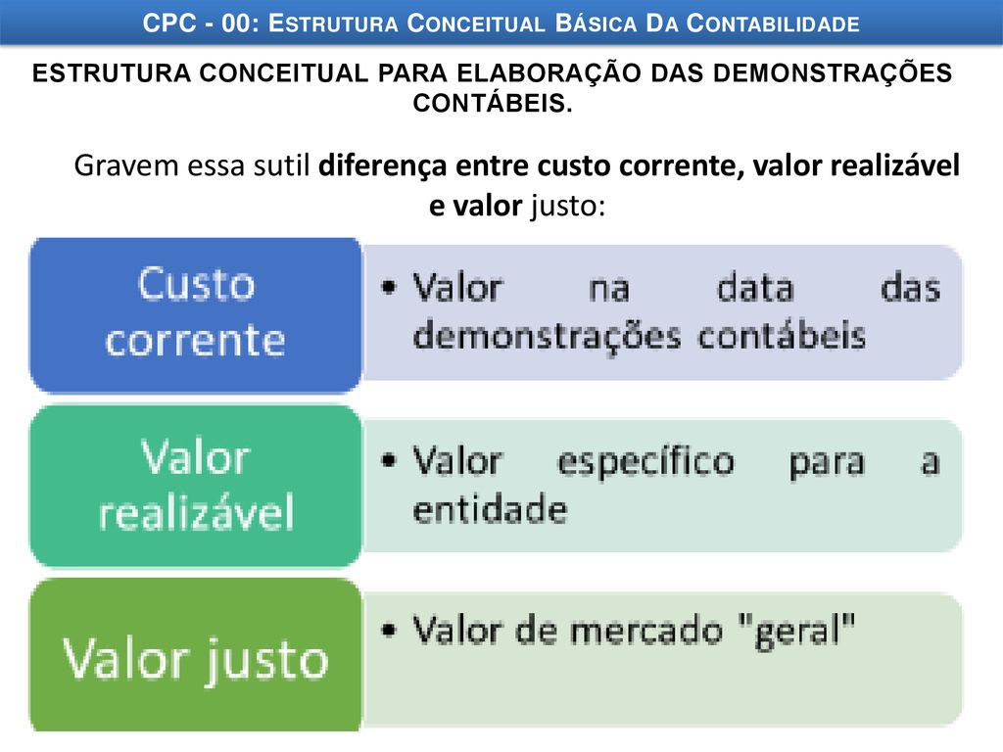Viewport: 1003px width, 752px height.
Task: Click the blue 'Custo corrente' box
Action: click(x=196, y=315)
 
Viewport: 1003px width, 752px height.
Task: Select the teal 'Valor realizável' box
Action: click(x=196, y=486)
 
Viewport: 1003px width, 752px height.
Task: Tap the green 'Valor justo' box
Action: click(x=196, y=655)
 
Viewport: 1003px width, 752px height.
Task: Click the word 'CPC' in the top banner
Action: click(x=168, y=23)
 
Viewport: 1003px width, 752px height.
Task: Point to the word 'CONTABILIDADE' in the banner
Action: click(x=773, y=23)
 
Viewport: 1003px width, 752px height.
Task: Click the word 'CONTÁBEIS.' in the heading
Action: click(x=493, y=103)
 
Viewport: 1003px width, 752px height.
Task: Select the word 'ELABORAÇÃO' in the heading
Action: click(x=549, y=72)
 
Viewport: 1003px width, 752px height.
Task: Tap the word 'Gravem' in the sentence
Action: click(x=126, y=165)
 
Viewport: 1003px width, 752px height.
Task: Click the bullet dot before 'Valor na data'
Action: click(x=388, y=286)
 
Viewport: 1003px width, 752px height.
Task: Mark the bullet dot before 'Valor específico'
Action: click(x=388, y=460)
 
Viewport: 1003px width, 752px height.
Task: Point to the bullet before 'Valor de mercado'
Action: click(x=388, y=630)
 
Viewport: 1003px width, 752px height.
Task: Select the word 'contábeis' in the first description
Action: click(x=782, y=336)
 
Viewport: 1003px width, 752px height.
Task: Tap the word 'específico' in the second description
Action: click(x=646, y=463)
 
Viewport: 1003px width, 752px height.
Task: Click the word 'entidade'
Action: click(x=490, y=509)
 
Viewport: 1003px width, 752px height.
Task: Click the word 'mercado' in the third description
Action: click(x=646, y=631)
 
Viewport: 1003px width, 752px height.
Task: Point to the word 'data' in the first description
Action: click(x=755, y=287)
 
